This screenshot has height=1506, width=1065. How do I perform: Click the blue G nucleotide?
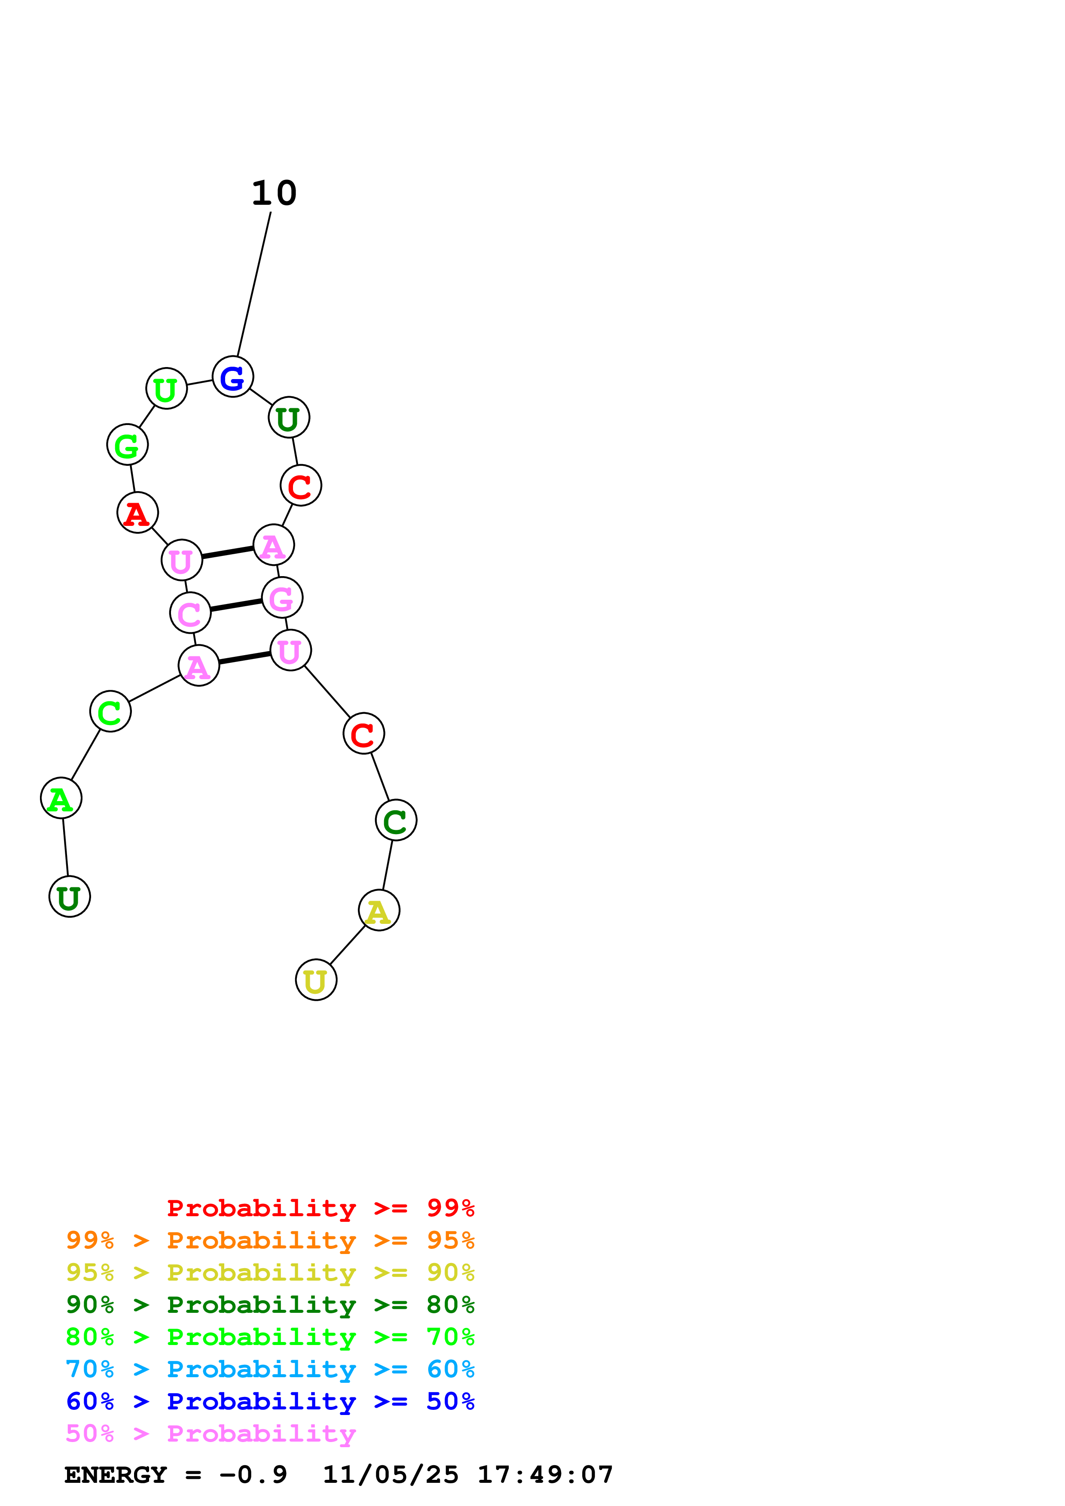(x=232, y=377)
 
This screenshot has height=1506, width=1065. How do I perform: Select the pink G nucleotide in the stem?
(x=282, y=598)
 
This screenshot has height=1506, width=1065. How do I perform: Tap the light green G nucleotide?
(x=127, y=445)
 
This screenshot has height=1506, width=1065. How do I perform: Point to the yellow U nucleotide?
(x=316, y=980)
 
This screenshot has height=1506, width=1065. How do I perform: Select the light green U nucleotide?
(x=167, y=389)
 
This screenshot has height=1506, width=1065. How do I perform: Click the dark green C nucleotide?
(x=396, y=820)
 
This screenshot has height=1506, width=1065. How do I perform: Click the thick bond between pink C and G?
(x=236, y=605)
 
